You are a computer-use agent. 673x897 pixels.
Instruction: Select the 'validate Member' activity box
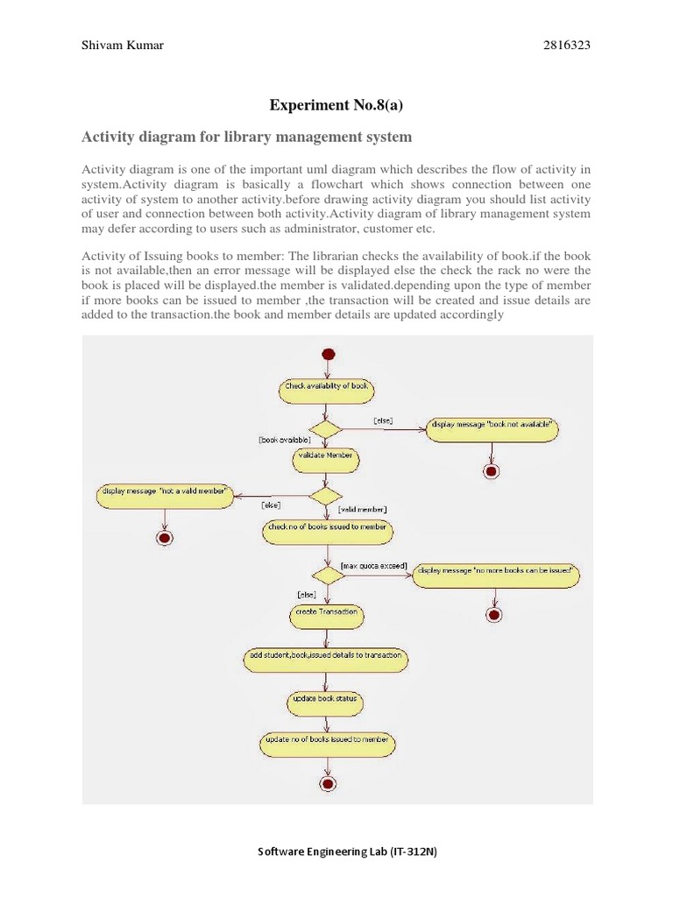coord(325,456)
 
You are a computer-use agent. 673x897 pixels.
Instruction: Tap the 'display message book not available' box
coord(492,427)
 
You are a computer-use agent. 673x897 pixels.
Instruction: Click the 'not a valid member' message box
coord(165,493)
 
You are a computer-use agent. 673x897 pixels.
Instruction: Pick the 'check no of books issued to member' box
coord(327,528)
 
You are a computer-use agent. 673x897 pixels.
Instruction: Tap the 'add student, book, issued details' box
coord(325,657)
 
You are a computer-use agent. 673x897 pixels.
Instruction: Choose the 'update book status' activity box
coord(325,701)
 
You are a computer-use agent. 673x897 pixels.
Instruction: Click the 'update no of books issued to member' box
coord(327,743)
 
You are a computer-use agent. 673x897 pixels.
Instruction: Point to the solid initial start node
coord(329,354)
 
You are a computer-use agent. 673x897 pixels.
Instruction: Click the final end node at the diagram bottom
coord(328,783)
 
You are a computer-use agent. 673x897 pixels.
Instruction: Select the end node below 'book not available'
coord(491,471)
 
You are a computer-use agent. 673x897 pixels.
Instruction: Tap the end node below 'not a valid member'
coord(162,537)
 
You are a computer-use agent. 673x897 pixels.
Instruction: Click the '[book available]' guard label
coord(285,440)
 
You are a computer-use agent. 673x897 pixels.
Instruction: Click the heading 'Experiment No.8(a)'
coord(336,106)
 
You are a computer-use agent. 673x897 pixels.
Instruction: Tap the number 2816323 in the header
coord(567,46)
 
